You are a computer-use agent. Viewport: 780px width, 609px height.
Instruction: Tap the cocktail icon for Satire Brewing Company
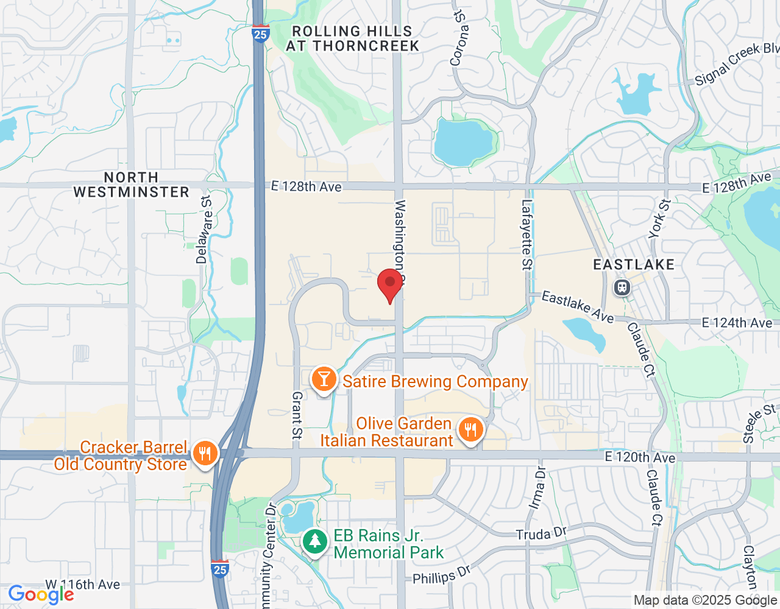[324, 380]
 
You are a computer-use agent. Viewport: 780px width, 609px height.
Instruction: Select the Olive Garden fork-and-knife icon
[470, 431]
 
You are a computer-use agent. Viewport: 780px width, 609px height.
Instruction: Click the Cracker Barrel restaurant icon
[205, 454]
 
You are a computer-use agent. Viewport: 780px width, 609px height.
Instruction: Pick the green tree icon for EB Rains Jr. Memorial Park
[315, 541]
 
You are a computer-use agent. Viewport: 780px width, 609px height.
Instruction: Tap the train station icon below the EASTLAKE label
[622, 287]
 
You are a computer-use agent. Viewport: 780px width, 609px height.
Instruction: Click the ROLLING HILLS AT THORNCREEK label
[352, 38]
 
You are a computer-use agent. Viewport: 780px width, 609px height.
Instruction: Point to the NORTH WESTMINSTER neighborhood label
[131, 185]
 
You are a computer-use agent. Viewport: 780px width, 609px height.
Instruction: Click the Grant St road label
[297, 415]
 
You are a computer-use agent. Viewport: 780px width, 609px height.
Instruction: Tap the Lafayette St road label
[527, 234]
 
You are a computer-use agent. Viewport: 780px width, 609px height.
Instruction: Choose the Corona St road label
[459, 38]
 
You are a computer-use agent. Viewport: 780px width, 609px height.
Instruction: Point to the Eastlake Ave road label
[578, 307]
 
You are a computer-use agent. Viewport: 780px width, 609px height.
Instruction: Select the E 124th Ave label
[737, 323]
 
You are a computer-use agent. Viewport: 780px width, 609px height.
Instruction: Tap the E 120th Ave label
[640, 457]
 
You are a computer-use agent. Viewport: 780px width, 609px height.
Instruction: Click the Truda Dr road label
[541, 534]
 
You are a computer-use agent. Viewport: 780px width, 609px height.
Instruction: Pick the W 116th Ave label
[90, 584]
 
